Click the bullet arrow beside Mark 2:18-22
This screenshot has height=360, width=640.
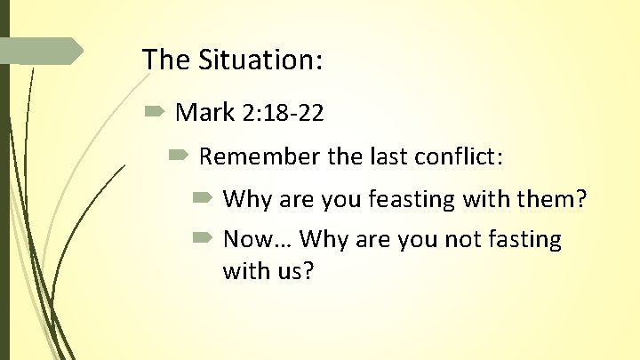(153, 113)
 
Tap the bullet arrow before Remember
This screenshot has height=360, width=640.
(178, 156)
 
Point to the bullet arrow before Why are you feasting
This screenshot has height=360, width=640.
(201, 198)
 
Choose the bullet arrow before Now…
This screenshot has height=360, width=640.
(201, 239)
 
